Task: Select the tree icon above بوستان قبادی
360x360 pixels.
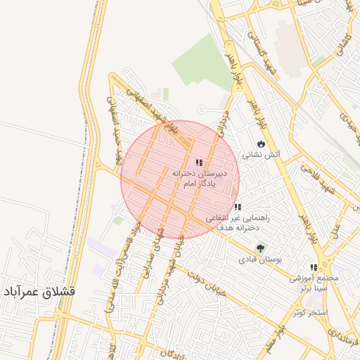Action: click(x=261, y=249)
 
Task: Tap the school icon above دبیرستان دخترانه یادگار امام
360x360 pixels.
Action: click(x=199, y=162)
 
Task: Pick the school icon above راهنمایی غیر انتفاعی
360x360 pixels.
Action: click(x=238, y=207)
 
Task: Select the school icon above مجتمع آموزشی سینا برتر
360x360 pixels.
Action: click(x=314, y=268)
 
